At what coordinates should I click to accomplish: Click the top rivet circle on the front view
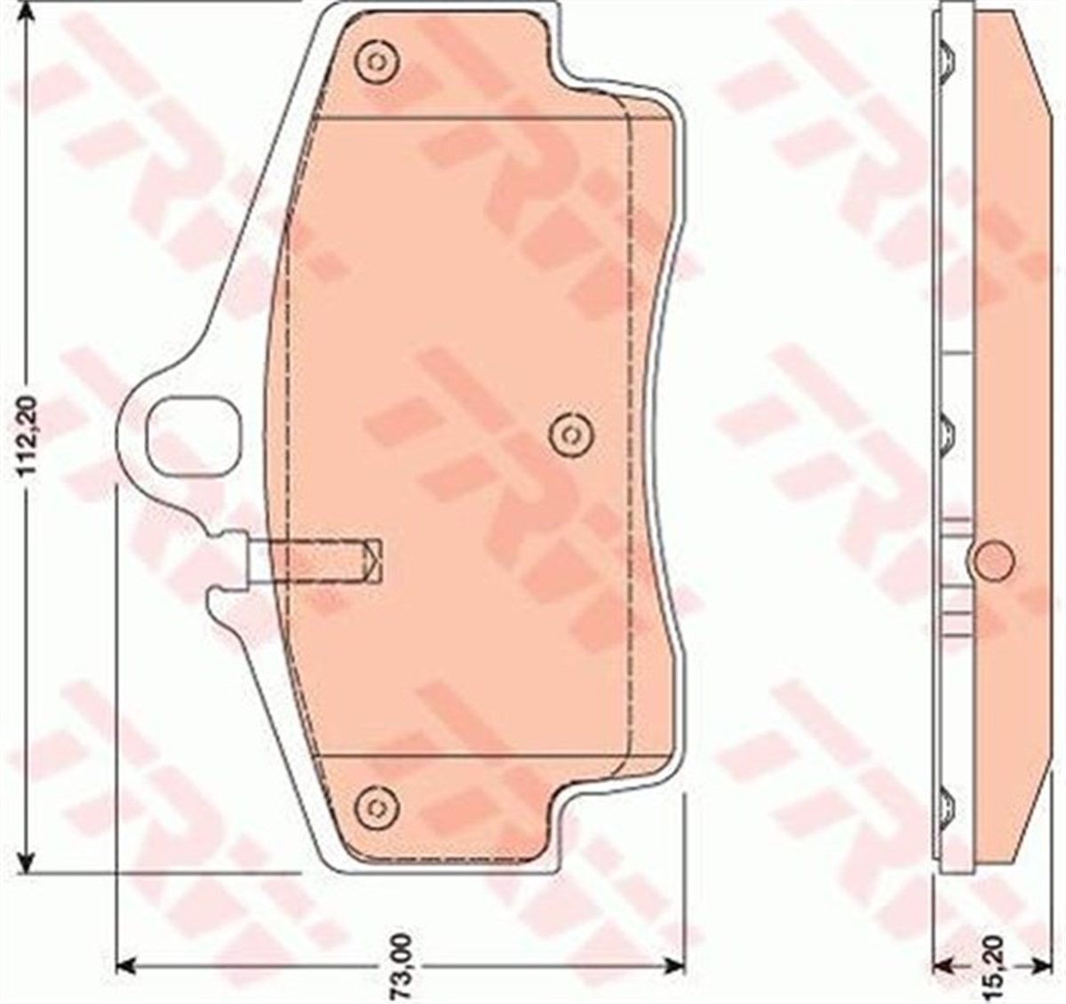click(x=377, y=61)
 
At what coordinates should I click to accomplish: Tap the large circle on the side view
click(x=990, y=560)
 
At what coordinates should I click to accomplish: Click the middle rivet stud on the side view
click(x=946, y=434)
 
